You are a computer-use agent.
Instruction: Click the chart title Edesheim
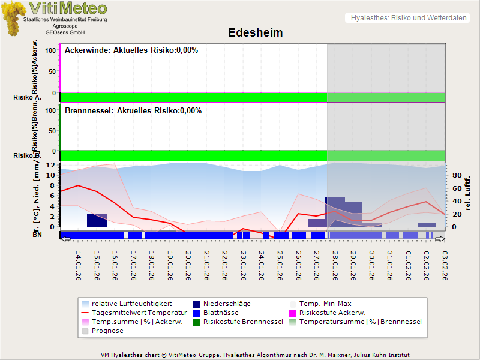[255, 32]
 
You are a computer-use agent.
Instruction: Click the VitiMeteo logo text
[68, 8]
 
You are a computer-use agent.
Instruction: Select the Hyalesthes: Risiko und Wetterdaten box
[407, 18]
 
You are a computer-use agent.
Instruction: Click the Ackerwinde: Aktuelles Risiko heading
[131, 50]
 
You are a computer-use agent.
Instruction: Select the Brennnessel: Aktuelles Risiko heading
[133, 111]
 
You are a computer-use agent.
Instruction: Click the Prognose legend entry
[107, 331]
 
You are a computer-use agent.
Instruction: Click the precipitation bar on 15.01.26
[97, 220]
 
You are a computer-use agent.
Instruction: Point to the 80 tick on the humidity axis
[456, 176]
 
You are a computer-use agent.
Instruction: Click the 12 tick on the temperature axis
[52, 165]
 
